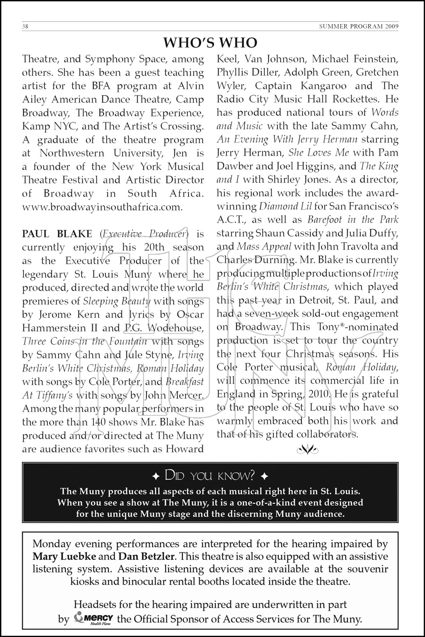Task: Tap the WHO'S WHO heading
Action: pyautogui.click(x=210, y=42)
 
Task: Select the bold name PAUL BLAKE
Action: pyautogui.click(x=57, y=234)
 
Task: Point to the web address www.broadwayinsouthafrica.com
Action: pyautogui.click(x=102, y=207)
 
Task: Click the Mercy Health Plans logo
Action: pyautogui.click(x=93, y=619)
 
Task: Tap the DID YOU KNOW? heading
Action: pyautogui.click(x=210, y=475)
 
